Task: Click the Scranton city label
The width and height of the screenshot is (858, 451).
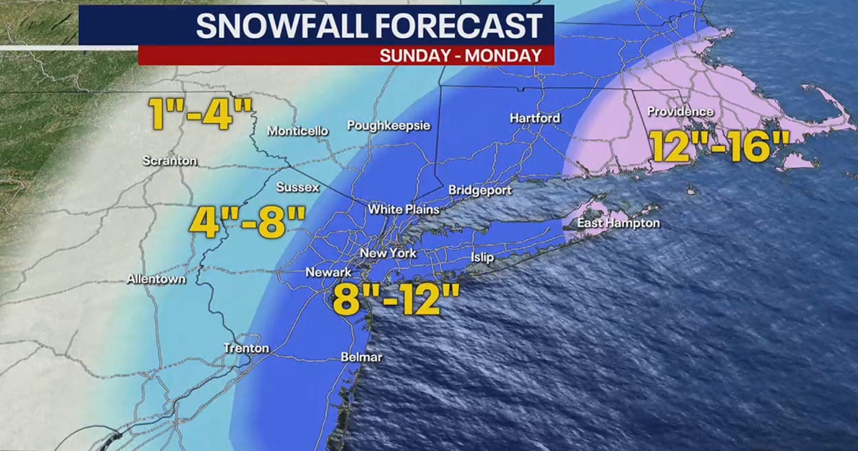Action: point(169,160)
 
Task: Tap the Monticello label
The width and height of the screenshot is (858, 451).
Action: point(297,131)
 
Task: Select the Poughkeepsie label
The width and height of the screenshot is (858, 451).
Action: point(388,126)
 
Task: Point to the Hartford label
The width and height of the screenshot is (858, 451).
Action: point(535,117)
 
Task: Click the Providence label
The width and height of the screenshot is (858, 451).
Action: point(680,112)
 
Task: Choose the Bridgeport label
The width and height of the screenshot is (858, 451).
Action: point(480,190)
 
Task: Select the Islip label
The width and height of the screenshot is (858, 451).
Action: point(482,258)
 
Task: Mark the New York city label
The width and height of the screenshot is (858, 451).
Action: point(388,253)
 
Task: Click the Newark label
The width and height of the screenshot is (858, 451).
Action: point(328,273)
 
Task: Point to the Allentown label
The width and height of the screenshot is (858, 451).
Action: point(157,279)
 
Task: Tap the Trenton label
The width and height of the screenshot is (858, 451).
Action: point(247,348)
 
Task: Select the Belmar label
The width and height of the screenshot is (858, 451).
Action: point(361,357)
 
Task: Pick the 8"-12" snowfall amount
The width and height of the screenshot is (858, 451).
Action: point(395,301)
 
